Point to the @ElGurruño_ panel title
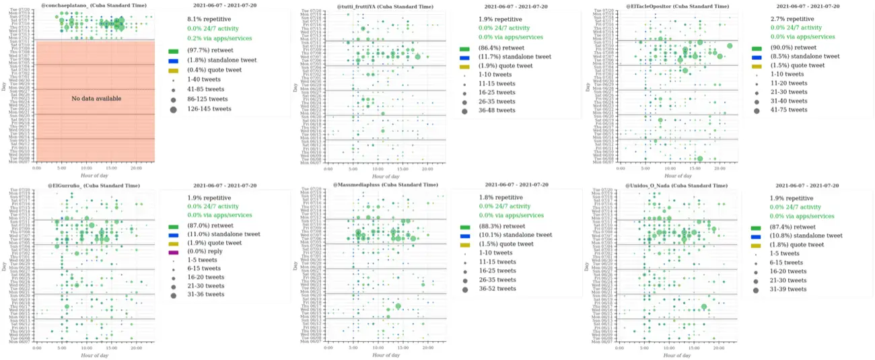(94, 185)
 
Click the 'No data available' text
(96, 99)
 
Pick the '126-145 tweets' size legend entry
(209, 108)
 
